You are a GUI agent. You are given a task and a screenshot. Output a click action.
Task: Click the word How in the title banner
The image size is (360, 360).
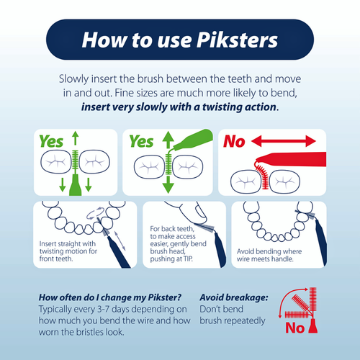106,40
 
